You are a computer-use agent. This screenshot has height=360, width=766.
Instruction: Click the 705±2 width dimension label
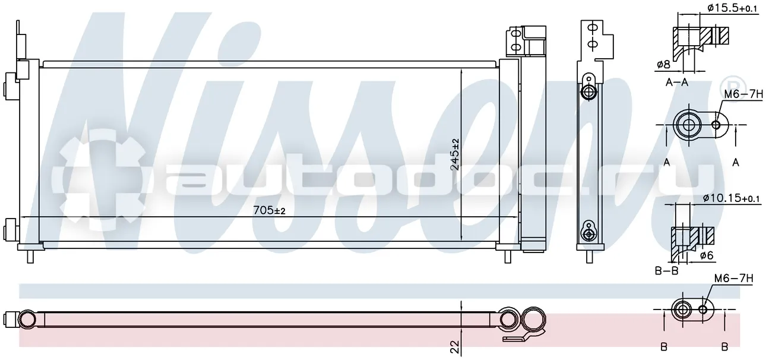coord(269,210)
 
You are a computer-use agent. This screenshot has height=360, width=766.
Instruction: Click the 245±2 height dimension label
coord(455,154)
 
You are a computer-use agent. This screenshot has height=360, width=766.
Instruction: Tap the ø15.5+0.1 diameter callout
coord(729,8)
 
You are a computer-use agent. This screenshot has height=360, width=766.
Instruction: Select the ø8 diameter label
coord(663,64)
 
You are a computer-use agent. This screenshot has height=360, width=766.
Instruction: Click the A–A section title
coord(677,83)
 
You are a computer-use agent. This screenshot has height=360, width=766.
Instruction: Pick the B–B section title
coord(666,271)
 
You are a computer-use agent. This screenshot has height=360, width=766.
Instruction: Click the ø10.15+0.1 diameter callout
coord(731,198)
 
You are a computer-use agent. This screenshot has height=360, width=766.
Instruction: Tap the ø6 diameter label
coord(707,255)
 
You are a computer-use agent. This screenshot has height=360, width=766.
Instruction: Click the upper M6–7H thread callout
coord(743,94)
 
